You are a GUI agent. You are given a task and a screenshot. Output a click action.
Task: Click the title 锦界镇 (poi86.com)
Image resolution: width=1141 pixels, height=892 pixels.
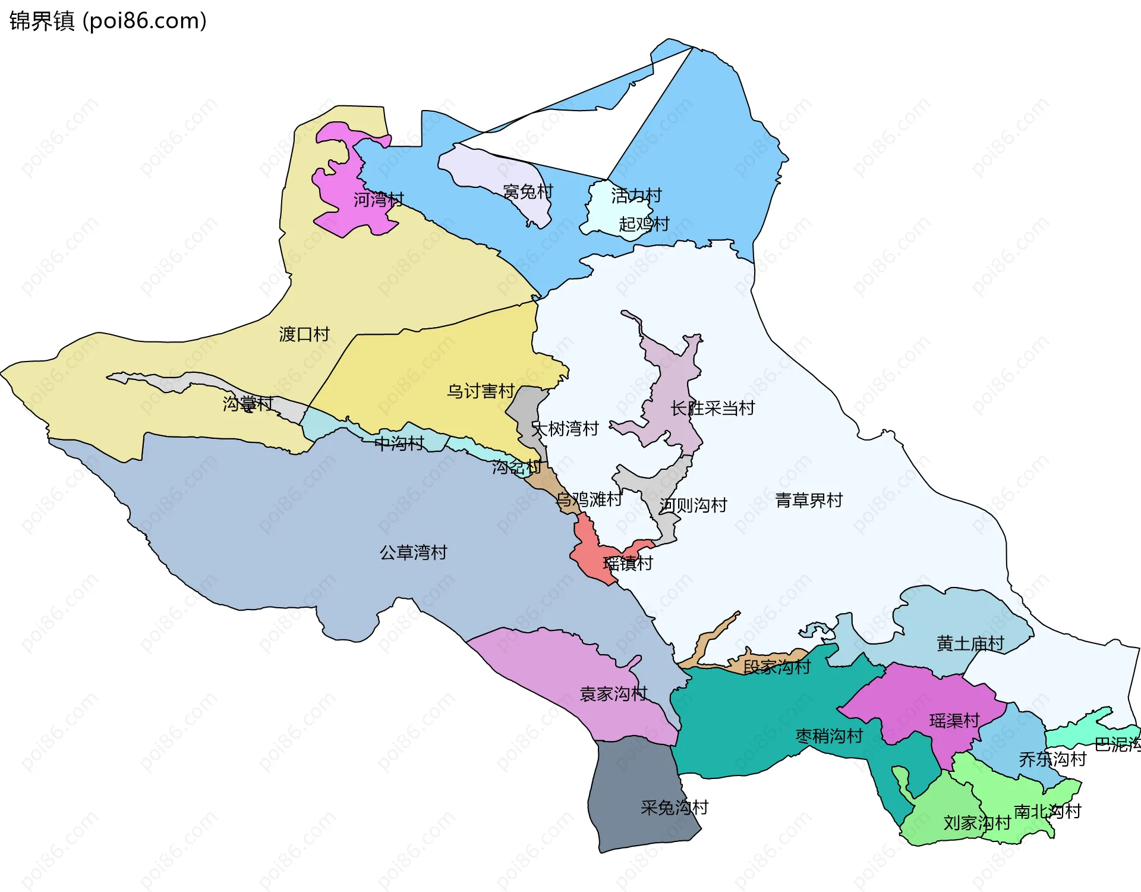pyautogui.click(x=108, y=21)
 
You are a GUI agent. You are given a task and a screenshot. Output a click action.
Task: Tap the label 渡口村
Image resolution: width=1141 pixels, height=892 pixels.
pyautogui.click(x=304, y=334)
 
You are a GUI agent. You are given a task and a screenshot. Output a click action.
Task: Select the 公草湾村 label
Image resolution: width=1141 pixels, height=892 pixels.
pyautogui.click(x=413, y=552)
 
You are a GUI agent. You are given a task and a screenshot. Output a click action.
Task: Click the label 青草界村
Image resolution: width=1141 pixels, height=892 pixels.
pyautogui.click(x=809, y=500)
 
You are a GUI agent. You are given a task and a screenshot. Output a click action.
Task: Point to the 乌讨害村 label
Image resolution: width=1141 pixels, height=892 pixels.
pyautogui.click(x=480, y=391)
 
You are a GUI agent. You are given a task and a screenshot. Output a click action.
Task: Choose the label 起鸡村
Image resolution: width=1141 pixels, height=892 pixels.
pyautogui.click(x=644, y=224)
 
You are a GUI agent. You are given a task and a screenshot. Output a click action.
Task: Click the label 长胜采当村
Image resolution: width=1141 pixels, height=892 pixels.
pyautogui.click(x=712, y=409)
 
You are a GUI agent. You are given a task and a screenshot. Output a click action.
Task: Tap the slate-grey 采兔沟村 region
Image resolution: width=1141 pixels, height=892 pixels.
pyautogui.click(x=636, y=797)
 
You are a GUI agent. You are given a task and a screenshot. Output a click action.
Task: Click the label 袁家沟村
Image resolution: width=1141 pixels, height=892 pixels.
pyautogui.click(x=613, y=694)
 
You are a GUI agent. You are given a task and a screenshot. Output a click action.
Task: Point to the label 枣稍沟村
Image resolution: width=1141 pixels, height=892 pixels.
pyautogui.click(x=829, y=736)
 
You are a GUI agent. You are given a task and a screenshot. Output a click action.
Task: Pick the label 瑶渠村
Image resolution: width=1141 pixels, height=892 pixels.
pyautogui.click(x=954, y=721)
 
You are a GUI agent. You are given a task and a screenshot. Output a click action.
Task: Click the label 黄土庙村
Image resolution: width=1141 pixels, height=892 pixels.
pyautogui.click(x=970, y=643)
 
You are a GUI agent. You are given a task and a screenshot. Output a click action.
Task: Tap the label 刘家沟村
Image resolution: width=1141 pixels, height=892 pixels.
pyautogui.click(x=977, y=823)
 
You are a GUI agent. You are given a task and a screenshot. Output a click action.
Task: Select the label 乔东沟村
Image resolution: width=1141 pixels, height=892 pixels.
pyautogui.click(x=1052, y=759)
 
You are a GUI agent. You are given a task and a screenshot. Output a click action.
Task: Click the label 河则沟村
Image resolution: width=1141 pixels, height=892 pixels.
pyautogui.click(x=693, y=505)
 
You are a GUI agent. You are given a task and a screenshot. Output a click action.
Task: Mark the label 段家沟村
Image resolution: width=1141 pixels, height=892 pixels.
pyautogui.click(x=777, y=667)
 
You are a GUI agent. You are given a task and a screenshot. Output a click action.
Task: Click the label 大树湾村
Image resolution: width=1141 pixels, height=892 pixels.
pyautogui.click(x=565, y=429)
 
